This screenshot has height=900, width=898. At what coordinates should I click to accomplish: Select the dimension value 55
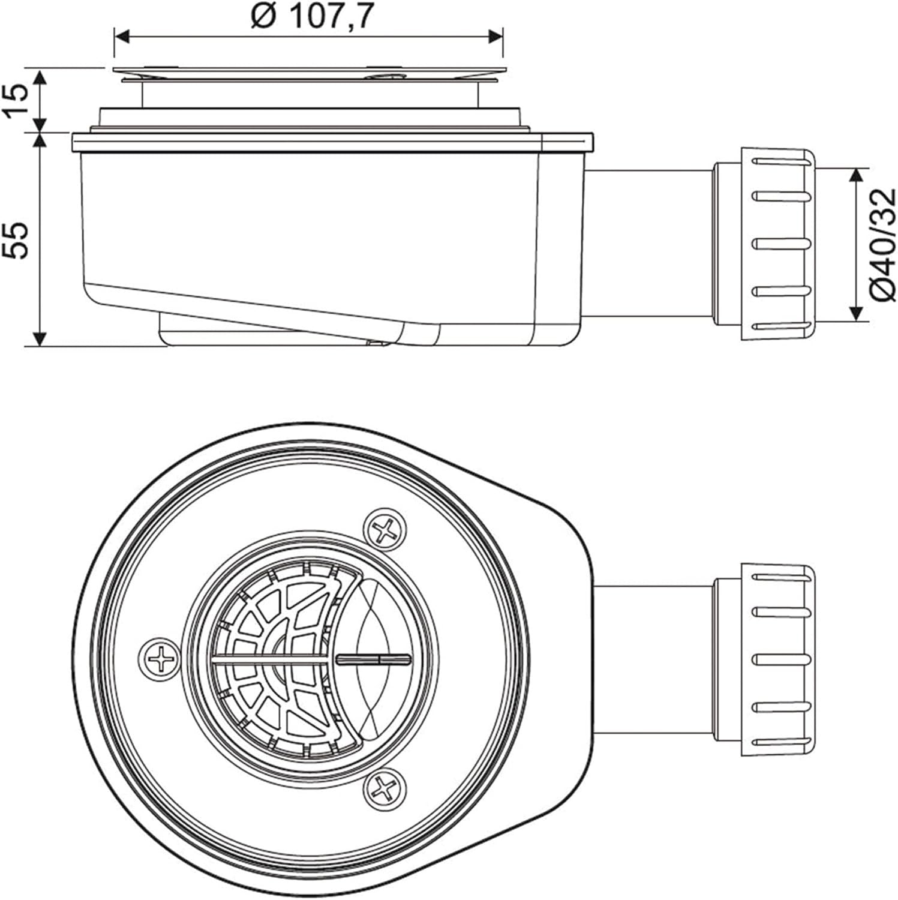[x=19, y=240]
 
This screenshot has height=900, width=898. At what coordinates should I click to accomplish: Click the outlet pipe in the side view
[x=648, y=244]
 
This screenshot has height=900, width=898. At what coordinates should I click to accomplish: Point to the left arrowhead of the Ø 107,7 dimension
[x=121, y=37]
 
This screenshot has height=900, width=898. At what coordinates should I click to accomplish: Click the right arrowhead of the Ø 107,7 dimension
[x=495, y=37]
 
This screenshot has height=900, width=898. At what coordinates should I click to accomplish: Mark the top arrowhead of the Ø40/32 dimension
[x=855, y=175]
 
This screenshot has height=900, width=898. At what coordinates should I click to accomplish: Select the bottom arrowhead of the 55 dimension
[x=40, y=338]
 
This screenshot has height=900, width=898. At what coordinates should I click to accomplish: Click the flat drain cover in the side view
[x=308, y=73]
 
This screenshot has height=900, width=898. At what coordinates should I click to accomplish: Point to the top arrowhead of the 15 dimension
[x=40, y=77]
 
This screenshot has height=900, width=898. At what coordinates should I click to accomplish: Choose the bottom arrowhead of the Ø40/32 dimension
[x=855, y=313]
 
